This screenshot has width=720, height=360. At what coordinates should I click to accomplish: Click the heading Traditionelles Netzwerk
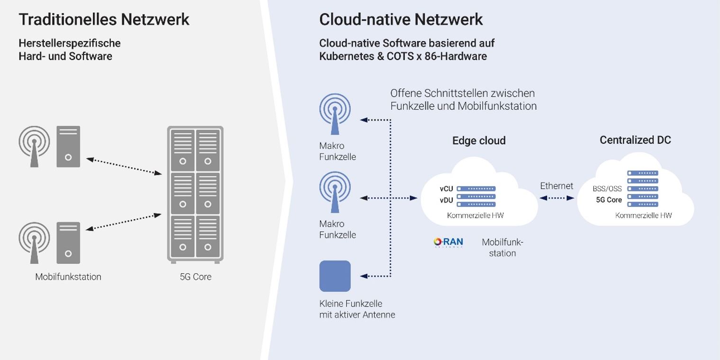104,19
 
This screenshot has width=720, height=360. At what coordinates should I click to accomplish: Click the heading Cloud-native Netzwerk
401,19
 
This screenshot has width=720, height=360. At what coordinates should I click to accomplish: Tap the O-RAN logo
448,243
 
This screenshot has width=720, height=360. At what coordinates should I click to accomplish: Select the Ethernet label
556,186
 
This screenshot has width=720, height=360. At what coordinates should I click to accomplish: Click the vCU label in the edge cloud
446,189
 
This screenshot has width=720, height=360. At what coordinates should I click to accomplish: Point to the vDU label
446,200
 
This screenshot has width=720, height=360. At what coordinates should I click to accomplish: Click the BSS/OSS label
607,189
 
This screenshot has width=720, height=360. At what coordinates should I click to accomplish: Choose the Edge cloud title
479,141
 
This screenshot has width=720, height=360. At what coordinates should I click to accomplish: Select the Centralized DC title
635,140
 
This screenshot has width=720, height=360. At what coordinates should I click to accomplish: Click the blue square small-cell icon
335,276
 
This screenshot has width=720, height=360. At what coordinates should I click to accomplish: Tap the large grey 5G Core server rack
195,194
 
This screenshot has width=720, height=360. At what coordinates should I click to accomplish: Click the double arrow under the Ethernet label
557,198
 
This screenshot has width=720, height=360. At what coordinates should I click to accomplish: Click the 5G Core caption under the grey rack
195,277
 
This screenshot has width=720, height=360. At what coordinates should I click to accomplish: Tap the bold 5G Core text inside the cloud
609,200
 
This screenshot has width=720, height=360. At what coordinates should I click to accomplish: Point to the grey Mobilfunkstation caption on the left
68,277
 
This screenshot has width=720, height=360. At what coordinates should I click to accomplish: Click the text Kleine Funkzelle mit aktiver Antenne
357,309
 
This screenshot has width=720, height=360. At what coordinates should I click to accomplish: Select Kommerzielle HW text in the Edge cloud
475,216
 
